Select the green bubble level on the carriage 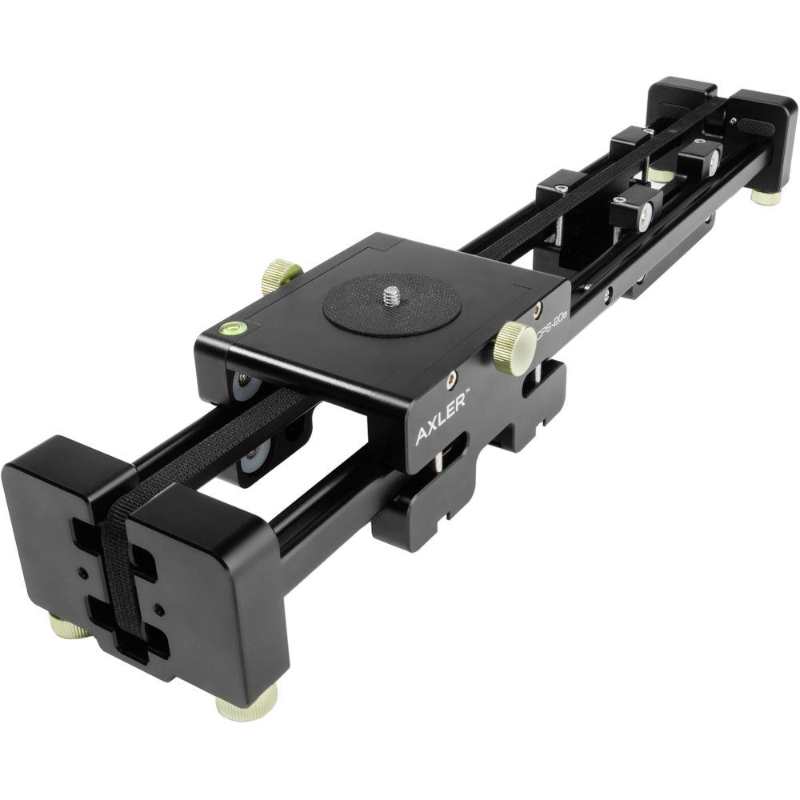pyautogui.click(x=231, y=326)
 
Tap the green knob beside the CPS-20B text pyautogui.click(x=514, y=348)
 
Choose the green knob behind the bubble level pyautogui.click(x=281, y=276)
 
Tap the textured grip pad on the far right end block pyautogui.click(x=755, y=126)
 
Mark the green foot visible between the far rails pyautogui.click(x=660, y=174)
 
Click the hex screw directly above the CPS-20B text pyautogui.click(x=538, y=306)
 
